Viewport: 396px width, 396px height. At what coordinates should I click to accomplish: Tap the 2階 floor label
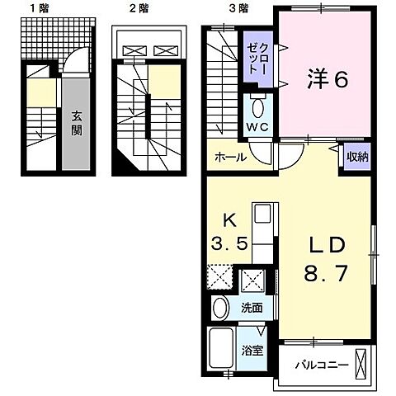pyautogui.click(x=138, y=9)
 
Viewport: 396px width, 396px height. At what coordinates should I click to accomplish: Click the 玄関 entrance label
pyautogui.click(x=75, y=123)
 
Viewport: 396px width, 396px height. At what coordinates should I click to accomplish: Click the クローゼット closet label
pyautogui.click(x=253, y=60)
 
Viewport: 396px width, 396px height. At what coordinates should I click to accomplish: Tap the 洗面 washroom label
pyautogui.click(x=252, y=308)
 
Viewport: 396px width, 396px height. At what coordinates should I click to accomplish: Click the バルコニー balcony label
pyautogui.click(x=318, y=364)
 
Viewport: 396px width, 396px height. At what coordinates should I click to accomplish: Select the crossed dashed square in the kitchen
pyautogui.click(x=219, y=275)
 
